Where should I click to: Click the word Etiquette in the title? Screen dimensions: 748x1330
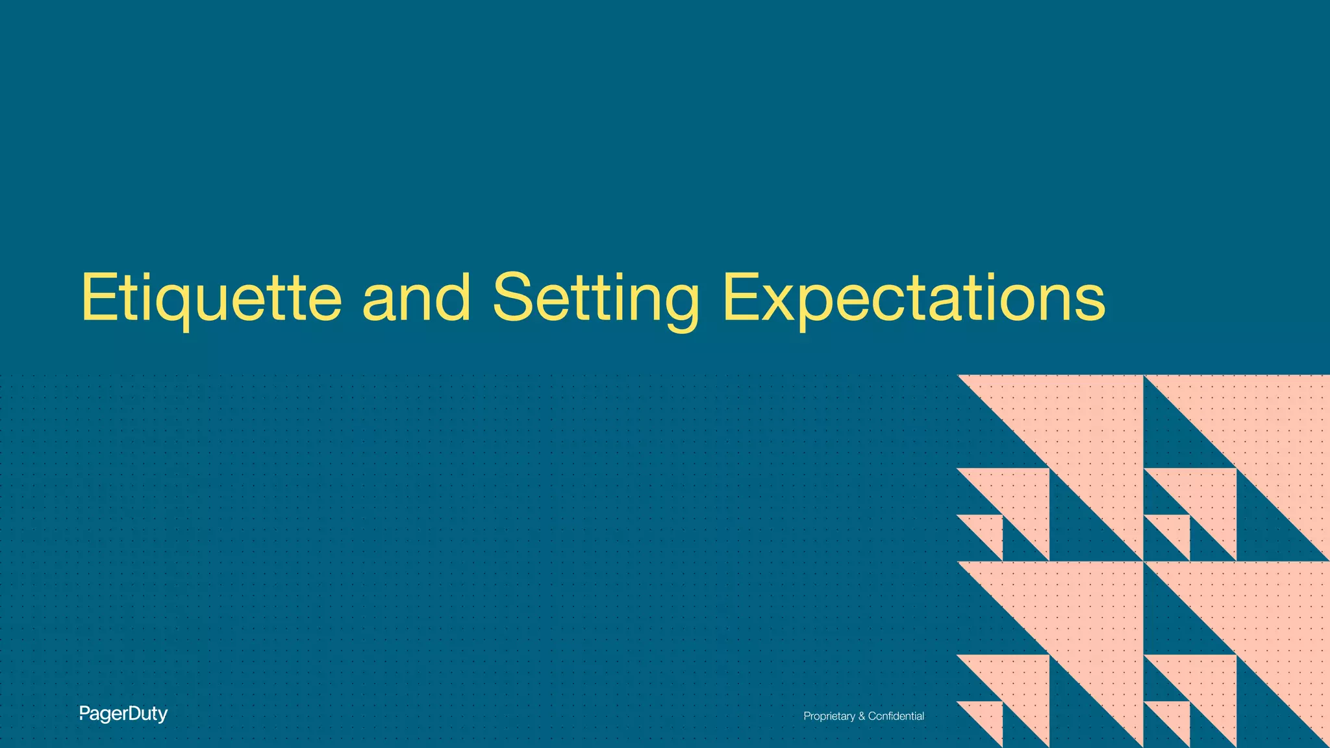pyautogui.click(x=211, y=298)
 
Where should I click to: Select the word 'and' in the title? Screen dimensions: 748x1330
pyautogui.click(x=416, y=298)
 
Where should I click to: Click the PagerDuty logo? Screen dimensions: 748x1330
pyautogui.click(x=123, y=714)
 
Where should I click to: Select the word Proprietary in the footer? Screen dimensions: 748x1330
pyautogui.click(x=829, y=716)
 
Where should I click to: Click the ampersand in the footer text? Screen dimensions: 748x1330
pyautogui.click(x=862, y=716)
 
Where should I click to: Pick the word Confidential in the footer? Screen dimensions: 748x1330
pyautogui.click(x=896, y=716)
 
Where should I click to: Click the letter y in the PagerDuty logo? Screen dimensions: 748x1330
pyautogui.click(x=163, y=716)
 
